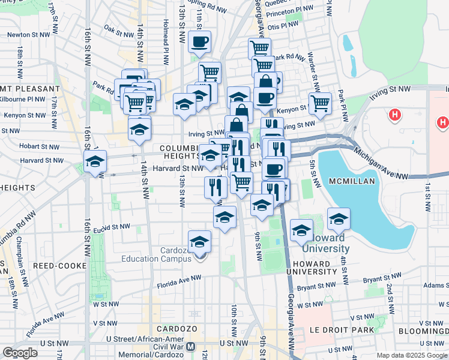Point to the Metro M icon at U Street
191,347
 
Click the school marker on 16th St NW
95,162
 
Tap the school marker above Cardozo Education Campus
200,242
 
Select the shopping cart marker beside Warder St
320,103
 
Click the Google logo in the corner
20,353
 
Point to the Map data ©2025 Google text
411,355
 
